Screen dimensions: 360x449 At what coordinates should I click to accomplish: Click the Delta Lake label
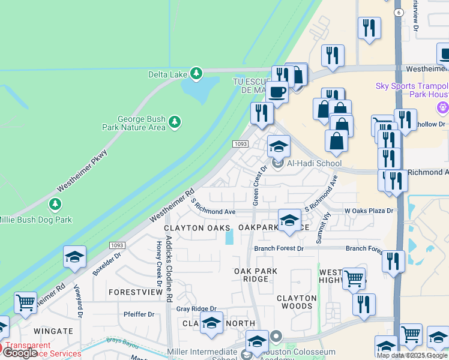click(167, 74)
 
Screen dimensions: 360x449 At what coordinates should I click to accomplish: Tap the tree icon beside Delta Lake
click(196, 74)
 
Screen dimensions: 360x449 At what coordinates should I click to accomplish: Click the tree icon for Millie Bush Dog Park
click(56, 205)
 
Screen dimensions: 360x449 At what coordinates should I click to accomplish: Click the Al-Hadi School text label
click(314, 163)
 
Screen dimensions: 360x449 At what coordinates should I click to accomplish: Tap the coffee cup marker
click(277, 92)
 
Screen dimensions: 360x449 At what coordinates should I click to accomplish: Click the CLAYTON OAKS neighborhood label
click(197, 229)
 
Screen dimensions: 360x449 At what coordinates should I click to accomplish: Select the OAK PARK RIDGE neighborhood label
click(256, 275)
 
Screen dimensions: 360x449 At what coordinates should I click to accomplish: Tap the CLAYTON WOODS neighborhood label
click(297, 302)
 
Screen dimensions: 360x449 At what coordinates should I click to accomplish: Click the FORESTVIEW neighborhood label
click(136, 292)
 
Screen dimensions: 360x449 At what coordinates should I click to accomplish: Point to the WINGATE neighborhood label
click(53, 330)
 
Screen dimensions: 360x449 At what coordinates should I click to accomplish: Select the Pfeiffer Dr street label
click(139, 314)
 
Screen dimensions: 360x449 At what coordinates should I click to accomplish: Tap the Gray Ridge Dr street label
click(196, 308)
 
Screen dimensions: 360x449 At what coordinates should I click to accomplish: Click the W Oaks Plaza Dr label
click(369, 211)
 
